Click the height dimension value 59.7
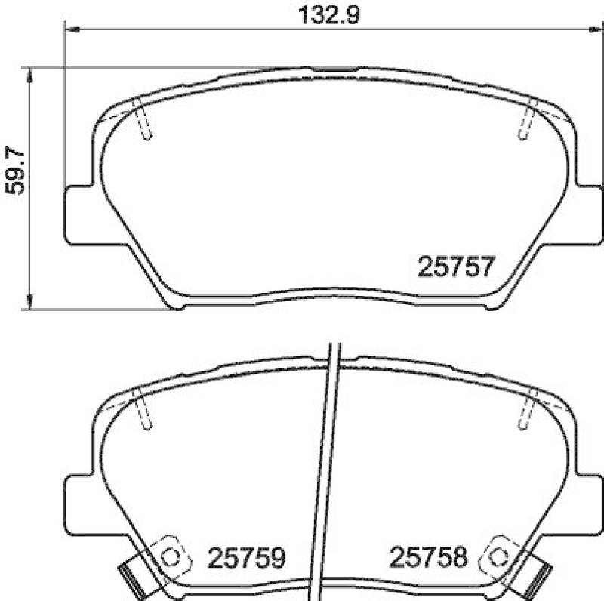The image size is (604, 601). coord(14,171)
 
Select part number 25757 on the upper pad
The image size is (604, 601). coord(455,267)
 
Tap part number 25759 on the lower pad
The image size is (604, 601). coord(245,558)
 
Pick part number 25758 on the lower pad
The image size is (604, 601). coord(430,558)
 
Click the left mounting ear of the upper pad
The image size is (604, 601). coord(78,214)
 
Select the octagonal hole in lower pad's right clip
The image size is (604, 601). coord(498,557)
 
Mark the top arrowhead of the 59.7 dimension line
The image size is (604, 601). coord(31,72)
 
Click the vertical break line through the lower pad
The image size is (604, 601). coord(327,468)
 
